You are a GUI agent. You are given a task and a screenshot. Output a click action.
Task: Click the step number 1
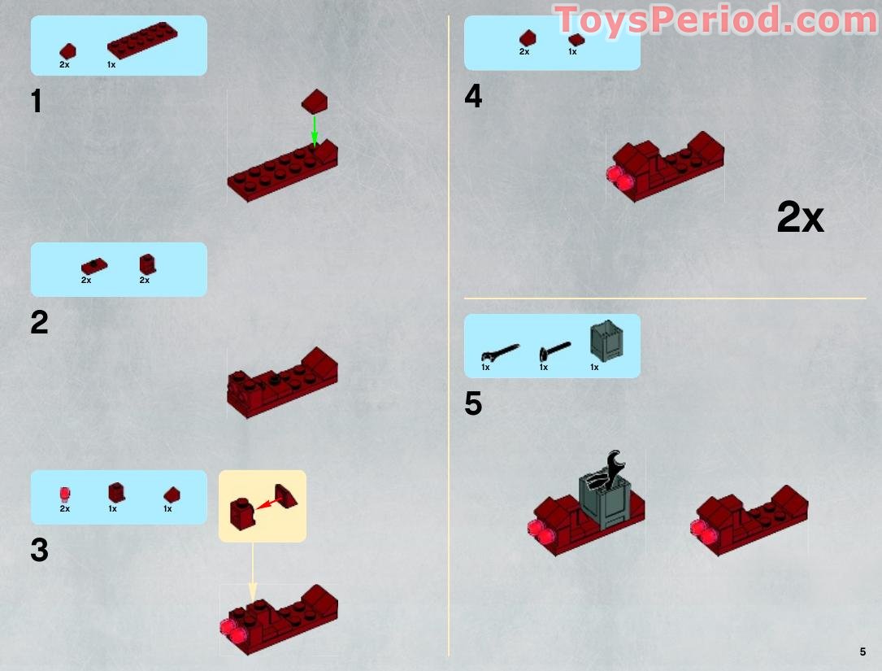point(36,102)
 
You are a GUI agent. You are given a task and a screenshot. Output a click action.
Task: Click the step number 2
point(39,323)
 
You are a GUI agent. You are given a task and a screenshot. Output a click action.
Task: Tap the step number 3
point(39,551)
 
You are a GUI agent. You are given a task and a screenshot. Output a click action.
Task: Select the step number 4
point(473,97)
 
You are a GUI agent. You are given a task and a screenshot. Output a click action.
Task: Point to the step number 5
point(473,404)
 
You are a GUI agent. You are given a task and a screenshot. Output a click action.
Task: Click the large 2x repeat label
point(800,218)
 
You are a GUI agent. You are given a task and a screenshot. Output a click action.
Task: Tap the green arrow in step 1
point(315,130)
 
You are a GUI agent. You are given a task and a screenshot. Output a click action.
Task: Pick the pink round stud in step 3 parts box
point(65,493)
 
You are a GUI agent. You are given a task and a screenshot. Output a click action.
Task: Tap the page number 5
point(862,651)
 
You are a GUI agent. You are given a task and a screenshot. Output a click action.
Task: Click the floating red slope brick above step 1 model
point(315,102)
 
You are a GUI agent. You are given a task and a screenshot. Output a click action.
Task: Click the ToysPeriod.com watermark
point(715,20)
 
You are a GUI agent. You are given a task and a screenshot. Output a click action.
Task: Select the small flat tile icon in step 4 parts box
point(576,39)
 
